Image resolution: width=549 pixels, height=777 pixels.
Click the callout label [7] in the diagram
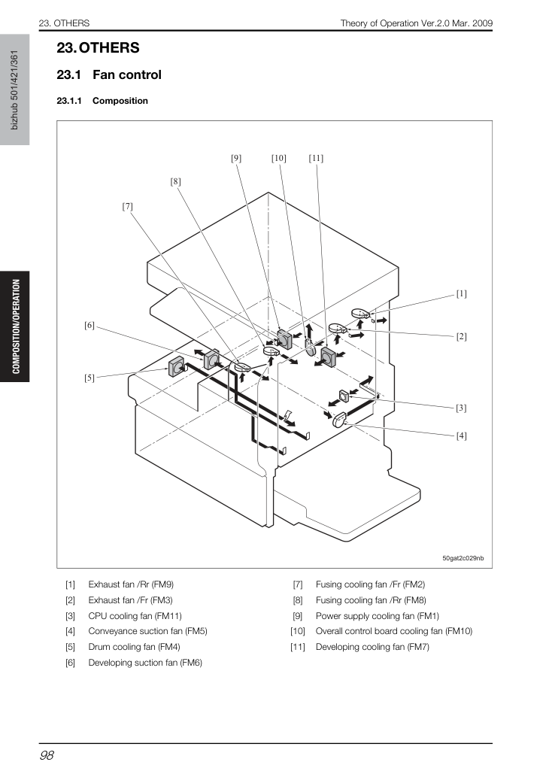coord(127,206)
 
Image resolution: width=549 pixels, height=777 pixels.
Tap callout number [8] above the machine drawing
coord(175,181)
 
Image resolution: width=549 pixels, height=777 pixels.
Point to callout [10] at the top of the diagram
coord(278,158)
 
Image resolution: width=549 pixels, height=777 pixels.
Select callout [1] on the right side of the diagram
coord(461,294)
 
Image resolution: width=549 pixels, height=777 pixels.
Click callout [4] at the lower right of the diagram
coord(461,436)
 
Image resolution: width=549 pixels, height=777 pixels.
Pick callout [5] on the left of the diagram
coord(89,378)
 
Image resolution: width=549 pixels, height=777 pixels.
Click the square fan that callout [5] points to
coord(176,368)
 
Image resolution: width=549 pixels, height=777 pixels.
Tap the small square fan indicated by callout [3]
coord(344,396)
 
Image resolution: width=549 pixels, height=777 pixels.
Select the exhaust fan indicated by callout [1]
coord(361,313)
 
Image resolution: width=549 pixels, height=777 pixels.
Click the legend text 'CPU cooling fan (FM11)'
coord(135,616)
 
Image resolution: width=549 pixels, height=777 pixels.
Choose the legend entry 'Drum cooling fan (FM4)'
coord(135,647)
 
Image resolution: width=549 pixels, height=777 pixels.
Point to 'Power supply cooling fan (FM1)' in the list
coord(377,616)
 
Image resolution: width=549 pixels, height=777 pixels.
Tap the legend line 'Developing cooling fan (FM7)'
coord(372,647)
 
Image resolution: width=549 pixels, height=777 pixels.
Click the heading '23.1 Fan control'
coord(109,74)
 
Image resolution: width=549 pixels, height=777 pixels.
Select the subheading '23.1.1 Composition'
coord(102,101)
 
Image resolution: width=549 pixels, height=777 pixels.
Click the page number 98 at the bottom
coord(47,755)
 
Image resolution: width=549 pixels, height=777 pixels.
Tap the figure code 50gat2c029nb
coord(463,558)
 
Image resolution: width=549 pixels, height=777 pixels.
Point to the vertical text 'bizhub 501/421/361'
coord(14,90)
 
